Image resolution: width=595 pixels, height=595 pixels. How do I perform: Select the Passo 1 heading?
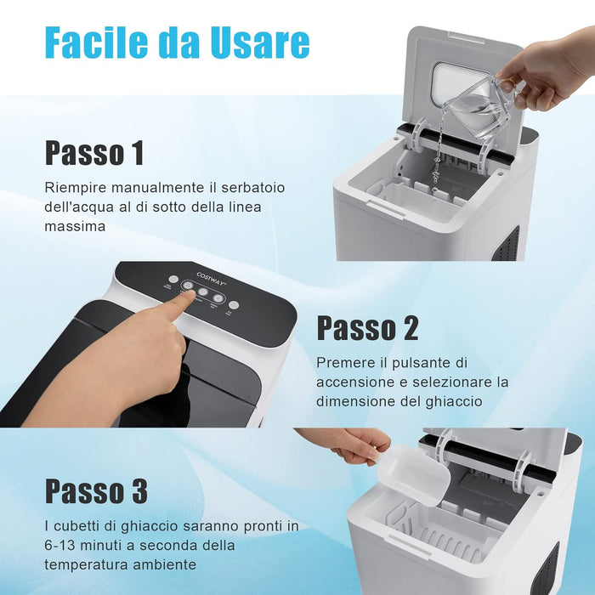point(94,153)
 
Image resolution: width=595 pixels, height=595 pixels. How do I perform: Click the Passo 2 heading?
point(367,327)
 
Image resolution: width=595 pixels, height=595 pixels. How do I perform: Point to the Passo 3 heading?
point(96,491)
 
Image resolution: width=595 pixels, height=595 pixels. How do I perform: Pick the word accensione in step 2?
point(357,382)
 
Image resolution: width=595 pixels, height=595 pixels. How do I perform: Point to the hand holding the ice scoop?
point(348,444)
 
